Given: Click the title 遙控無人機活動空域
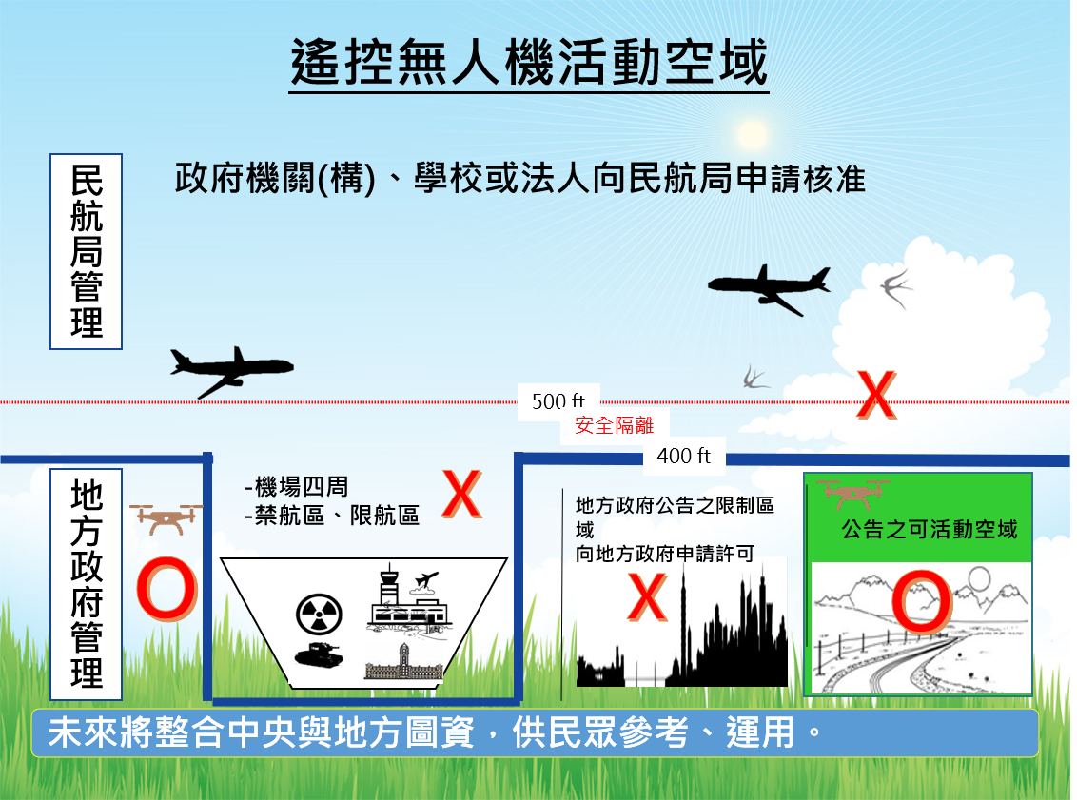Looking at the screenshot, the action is [x=529, y=62].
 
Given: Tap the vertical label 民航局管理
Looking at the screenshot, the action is [x=87, y=251].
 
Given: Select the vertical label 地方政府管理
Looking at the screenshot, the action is [x=87, y=584].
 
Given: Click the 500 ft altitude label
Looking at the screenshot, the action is [x=558, y=400].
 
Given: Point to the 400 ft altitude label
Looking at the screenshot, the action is [x=683, y=456].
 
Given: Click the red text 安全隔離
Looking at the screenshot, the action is [x=614, y=425].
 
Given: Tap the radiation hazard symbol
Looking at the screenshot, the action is [x=320, y=615].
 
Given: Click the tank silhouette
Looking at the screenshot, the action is [x=319, y=654].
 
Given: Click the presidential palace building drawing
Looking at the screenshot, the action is [x=403, y=663].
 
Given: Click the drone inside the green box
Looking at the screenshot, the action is [x=853, y=493].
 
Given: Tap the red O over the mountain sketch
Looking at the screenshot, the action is [x=922, y=601].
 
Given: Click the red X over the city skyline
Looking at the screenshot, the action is [x=647, y=597].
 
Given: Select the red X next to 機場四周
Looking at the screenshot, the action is [x=461, y=495].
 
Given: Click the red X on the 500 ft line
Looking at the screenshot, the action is [x=876, y=395].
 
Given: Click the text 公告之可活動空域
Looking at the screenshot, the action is [x=930, y=530].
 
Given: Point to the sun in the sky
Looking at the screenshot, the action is [x=752, y=134].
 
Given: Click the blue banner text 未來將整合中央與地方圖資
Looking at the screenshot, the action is [x=261, y=732].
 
